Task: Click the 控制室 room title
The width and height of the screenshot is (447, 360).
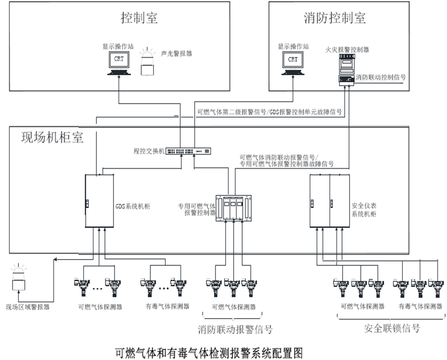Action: [139, 18]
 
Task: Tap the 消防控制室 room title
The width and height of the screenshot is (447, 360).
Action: [334, 18]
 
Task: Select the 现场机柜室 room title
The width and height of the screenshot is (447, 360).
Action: [52, 138]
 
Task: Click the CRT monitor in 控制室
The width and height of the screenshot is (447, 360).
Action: [119, 62]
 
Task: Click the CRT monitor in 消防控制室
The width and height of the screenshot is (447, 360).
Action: [293, 62]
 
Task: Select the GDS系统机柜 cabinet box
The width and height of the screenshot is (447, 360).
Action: [99, 201]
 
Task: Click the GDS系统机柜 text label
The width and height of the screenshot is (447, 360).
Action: [133, 207]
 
